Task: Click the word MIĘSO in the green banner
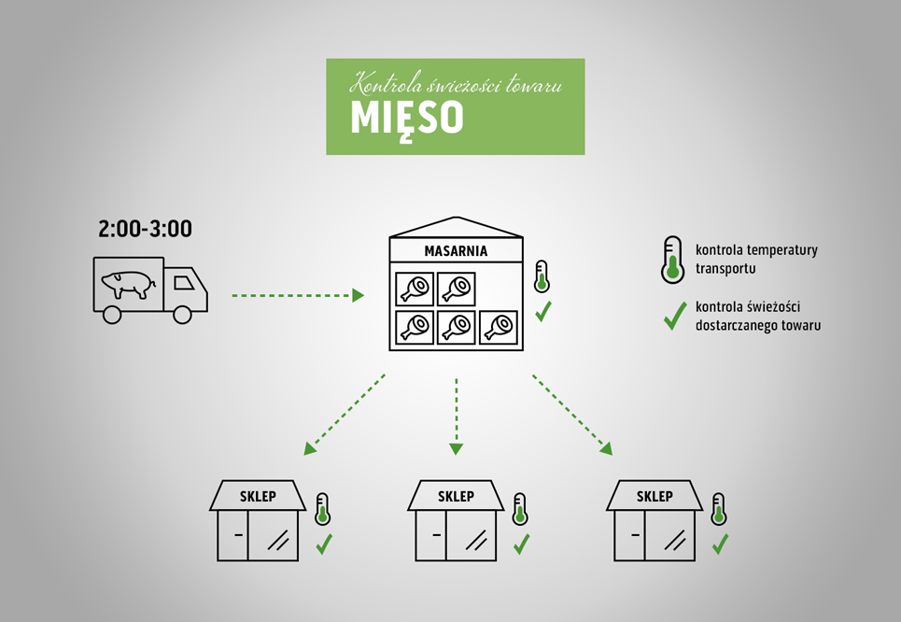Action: click(x=407, y=119)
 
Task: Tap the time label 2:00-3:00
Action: click(x=145, y=229)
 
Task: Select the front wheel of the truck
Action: click(x=182, y=315)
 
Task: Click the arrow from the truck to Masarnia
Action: click(x=298, y=295)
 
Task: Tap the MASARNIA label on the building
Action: click(x=456, y=251)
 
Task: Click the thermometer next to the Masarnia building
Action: click(x=542, y=276)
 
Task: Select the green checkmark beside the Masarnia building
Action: click(x=543, y=312)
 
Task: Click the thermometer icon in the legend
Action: click(x=672, y=260)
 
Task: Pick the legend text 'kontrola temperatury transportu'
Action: click(x=756, y=260)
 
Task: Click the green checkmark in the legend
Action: click(x=675, y=316)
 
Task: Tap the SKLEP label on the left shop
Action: click(x=258, y=496)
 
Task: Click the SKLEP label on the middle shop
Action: click(x=456, y=496)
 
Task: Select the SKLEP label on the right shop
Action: click(x=655, y=496)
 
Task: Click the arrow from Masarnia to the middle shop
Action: click(x=457, y=417)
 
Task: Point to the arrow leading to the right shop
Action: click(x=572, y=415)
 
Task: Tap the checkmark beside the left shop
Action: click(x=324, y=544)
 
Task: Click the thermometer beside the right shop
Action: click(x=718, y=509)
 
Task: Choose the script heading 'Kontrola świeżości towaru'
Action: click(x=456, y=83)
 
